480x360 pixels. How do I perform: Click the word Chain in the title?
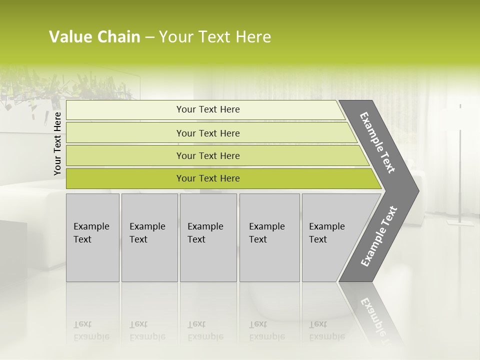(118, 37)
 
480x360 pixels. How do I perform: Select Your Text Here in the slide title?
(215, 37)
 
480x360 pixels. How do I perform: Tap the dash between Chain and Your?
(149, 37)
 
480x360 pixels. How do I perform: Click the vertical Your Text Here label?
(57, 143)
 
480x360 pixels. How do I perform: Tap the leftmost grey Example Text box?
(92, 237)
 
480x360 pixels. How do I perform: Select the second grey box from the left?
(149, 237)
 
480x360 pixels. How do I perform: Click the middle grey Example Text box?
(208, 237)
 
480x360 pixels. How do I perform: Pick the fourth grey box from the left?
(269, 237)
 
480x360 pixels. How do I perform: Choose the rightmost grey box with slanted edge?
(330, 237)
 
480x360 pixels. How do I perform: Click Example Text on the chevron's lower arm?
(379, 236)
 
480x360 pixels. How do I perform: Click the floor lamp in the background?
(460, 165)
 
